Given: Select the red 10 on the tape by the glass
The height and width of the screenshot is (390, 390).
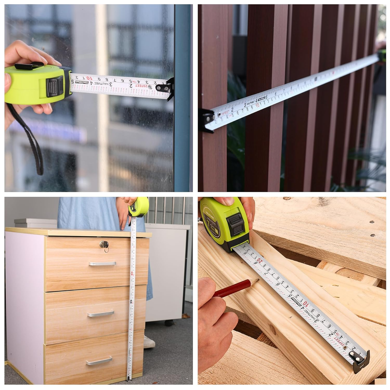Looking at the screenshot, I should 88,78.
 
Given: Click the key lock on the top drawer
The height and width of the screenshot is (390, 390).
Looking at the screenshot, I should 103,245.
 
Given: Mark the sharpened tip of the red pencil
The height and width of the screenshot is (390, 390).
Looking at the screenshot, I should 258,279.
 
